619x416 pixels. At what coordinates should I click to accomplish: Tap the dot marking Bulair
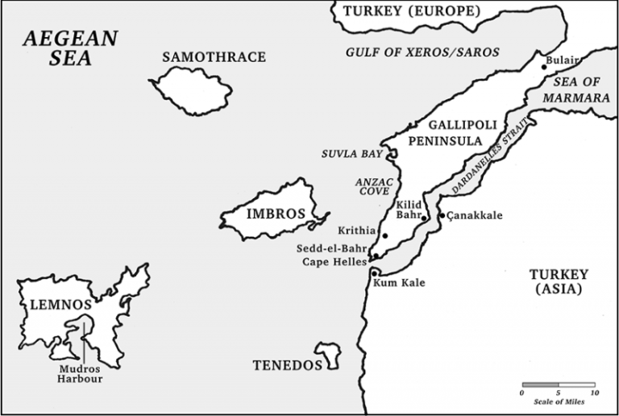544,68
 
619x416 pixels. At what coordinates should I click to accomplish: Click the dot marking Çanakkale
441,215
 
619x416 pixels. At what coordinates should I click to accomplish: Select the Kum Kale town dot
376,273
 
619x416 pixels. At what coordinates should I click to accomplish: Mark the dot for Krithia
385,236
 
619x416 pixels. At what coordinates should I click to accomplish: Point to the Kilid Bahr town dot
425,218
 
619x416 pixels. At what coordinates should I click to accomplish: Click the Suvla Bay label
351,153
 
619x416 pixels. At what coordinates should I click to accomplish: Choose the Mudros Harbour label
82,373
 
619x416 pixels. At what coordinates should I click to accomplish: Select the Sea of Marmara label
575,89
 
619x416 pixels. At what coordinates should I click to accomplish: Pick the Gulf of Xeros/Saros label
422,52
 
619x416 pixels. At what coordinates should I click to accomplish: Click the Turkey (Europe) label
411,11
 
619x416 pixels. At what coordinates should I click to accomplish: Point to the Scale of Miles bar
558,385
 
